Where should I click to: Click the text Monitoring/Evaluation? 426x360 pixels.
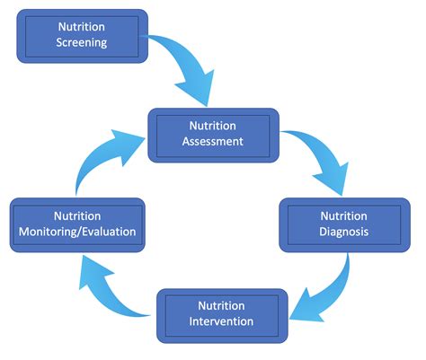[x=77, y=232]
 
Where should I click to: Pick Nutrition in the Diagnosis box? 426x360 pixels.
[x=344, y=215]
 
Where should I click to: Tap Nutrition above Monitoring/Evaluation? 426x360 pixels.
[x=77, y=216]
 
